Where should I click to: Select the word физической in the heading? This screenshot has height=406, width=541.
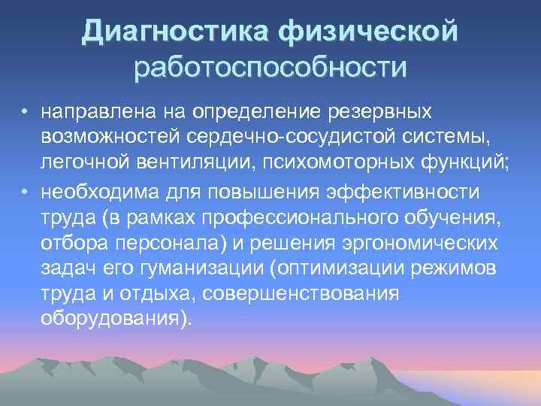[367, 32]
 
